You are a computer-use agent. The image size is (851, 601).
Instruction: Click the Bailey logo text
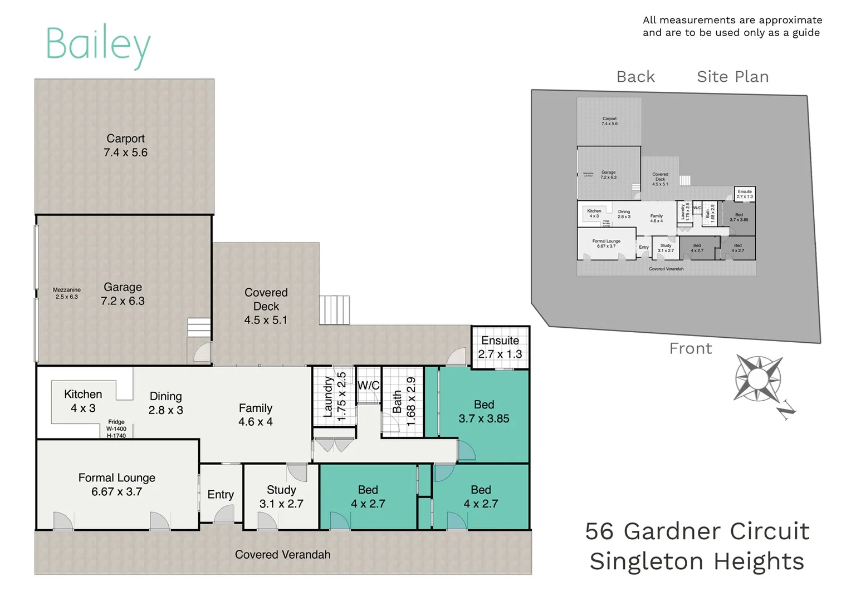(x=97, y=45)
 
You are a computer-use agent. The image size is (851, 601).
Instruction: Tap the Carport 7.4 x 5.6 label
(x=125, y=145)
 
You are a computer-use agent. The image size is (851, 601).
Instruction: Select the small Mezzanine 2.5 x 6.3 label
(x=67, y=293)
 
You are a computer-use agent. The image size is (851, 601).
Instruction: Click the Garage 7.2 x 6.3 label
(x=123, y=294)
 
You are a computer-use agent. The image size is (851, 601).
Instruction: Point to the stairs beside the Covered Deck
(x=334, y=310)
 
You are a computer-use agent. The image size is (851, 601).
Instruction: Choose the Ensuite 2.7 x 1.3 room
(x=500, y=347)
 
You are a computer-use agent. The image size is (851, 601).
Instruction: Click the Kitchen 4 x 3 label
(x=83, y=401)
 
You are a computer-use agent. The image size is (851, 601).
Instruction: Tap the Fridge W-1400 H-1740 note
(x=116, y=428)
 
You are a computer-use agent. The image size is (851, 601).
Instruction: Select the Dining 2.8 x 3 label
(x=165, y=403)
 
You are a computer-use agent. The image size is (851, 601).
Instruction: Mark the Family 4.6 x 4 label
(x=256, y=415)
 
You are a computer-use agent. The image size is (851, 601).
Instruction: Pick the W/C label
(x=368, y=385)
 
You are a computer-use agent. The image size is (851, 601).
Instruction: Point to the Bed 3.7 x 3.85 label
(x=483, y=411)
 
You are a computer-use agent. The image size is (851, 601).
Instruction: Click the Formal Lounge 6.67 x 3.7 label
(x=117, y=484)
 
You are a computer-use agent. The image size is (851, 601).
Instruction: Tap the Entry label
(x=221, y=494)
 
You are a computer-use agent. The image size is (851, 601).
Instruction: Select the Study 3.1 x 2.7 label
(x=281, y=496)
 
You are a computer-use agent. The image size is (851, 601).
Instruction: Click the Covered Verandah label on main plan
(x=282, y=554)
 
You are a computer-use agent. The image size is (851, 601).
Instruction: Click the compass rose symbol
(x=759, y=380)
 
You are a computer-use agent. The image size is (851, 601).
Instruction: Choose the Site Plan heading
(x=732, y=77)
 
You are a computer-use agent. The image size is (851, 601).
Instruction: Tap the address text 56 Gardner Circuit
(x=697, y=531)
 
